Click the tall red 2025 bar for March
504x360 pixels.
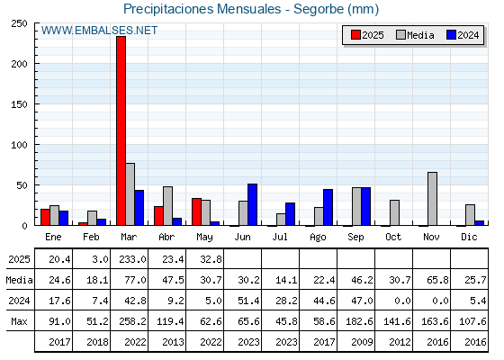pyautogui.click(x=121, y=130)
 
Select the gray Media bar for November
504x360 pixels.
pyautogui.click(x=432, y=199)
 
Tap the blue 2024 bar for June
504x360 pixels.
pyautogui.click(x=252, y=204)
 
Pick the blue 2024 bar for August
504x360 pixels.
pyautogui.click(x=328, y=207)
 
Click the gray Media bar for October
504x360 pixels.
pyautogui.click(x=394, y=212)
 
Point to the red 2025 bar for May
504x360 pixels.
pyautogui.click(x=197, y=211)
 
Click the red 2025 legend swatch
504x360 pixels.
pyautogui.click(x=355, y=35)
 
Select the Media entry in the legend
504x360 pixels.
pyautogui.click(x=415, y=35)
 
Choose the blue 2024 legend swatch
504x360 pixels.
pyautogui.click(x=451, y=35)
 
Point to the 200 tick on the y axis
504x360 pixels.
pyautogui.click(x=36, y=64)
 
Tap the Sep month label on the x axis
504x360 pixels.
pyautogui.click(x=355, y=238)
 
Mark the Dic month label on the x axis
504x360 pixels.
pyautogui.click(x=469, y=237)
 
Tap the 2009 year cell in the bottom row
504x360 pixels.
pyautogui.click(x=362, y=342)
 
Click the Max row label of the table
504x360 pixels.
pyautogui.click(x=19, y=321)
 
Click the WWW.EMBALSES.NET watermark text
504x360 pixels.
pyautogui.click(x=99, y=31)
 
